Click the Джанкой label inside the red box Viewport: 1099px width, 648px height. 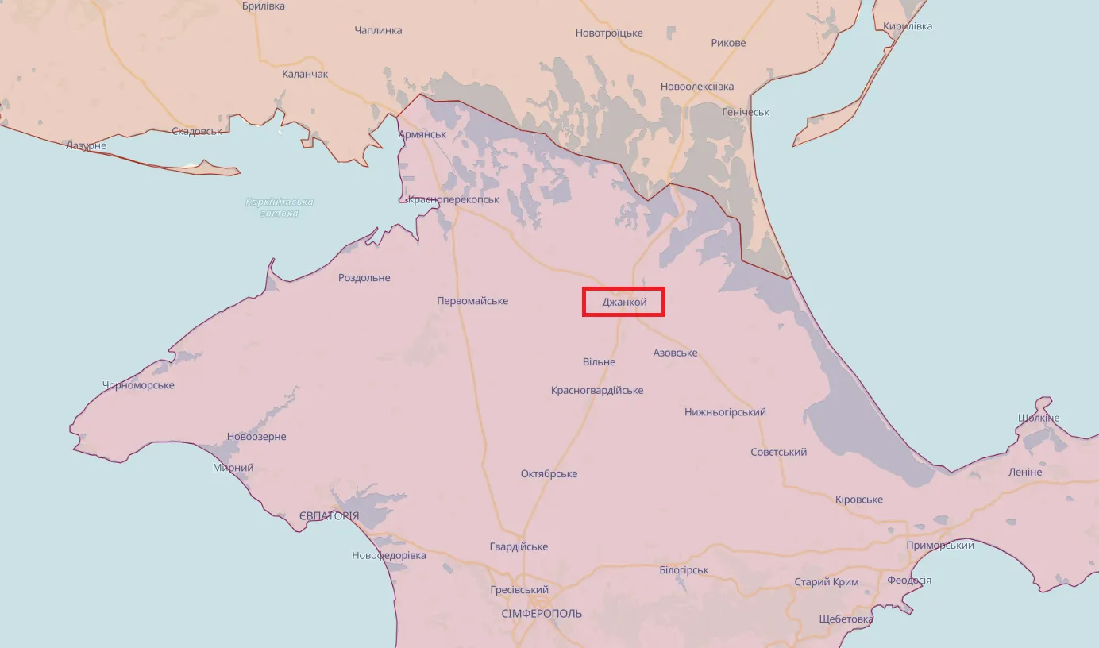(624, 302)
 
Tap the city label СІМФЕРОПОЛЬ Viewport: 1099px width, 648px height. (542, 614)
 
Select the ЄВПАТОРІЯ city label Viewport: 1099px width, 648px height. (329, 516)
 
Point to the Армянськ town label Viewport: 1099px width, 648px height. (422, 134)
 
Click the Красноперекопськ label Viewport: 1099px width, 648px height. (453, 199)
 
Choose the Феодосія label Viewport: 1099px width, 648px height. (909, 580)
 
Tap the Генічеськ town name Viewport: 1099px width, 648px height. (746, 112)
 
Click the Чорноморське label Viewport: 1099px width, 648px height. (138, 385)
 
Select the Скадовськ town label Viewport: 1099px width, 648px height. (197, 131)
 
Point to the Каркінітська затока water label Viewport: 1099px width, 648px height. (280, 207)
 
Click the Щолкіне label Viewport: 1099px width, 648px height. (1038, 418)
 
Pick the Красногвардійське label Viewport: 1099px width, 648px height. (597, 391)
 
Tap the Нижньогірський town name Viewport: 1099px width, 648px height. (725, 412)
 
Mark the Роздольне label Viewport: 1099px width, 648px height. (364, 278)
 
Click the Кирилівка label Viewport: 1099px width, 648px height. (908, 26)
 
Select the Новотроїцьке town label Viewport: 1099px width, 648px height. (609, 33)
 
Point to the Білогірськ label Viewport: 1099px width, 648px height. (684, 570)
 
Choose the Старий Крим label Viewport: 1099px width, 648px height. (827, 582)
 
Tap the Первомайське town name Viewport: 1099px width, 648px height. (472, 301)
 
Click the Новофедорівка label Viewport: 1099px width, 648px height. (389, 555)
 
